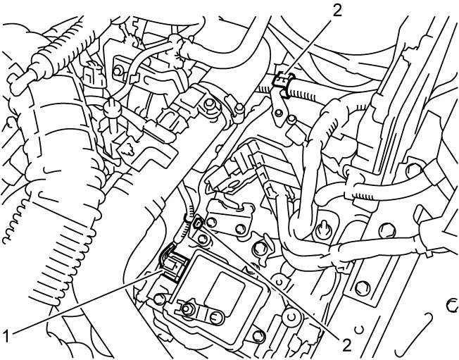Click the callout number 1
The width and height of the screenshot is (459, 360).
pyautogui.click(x=6, y=335)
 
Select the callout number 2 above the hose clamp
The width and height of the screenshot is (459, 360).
pyautogui.click(x=337, y=10)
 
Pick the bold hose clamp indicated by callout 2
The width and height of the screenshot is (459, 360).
pyautogui.click(x=282, y=83)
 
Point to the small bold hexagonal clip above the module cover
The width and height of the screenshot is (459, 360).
pyautogui.click(x=199, y=222)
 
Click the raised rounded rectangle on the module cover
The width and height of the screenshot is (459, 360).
pyautogui.click(x=224, y=290)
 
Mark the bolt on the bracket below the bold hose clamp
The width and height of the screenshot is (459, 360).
pyautogui.click(x=279, y=112)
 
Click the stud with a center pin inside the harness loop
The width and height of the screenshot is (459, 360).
pyautogui.click(x=323, y=228)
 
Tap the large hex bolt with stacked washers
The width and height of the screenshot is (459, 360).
pyautogui.click(x=209, y=104)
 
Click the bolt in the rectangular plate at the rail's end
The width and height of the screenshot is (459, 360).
pyautogui.click(x=363, y=288)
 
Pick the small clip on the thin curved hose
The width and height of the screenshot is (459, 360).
pyautogui.click(x=134, y=78)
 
